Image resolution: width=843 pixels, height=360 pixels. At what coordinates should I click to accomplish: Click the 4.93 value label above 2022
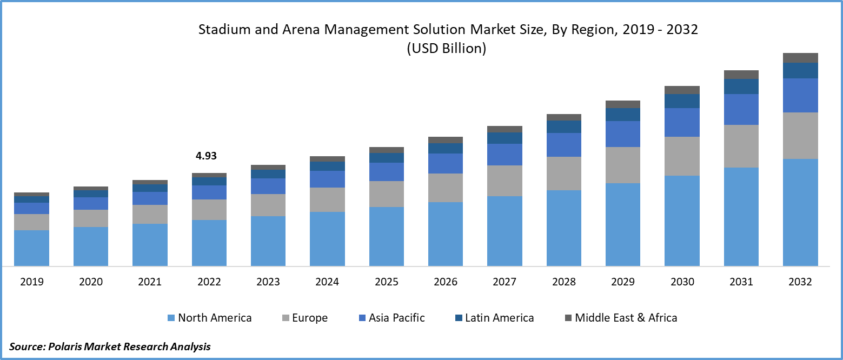(x=206, y=156)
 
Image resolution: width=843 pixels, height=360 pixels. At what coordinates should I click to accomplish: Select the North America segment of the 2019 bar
(x=31, y=248)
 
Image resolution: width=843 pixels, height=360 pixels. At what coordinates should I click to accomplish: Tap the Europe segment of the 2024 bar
(x=327, y=199)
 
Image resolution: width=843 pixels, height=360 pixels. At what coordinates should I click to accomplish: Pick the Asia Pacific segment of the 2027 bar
(x=505, y=154)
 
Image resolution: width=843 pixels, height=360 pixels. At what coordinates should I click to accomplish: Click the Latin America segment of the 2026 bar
(x=446, y=148)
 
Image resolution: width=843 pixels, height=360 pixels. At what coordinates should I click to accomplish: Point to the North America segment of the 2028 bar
(x=564, y=228)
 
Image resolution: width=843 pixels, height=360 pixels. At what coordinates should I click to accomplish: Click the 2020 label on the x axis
(x=90, y=282)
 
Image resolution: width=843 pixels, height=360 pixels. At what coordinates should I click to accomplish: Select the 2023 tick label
(x=268, y=282)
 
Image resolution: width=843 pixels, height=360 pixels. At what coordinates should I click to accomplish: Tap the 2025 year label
(x=387, y=282)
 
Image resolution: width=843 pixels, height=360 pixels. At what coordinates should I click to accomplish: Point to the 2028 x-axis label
(x=564, y=282)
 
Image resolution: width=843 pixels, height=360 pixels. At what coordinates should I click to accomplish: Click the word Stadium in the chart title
(x=219, y=30)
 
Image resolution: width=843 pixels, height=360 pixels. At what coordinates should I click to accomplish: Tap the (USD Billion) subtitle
(x=446, y=49)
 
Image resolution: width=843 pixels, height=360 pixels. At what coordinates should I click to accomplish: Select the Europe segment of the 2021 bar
(x=150, y=214)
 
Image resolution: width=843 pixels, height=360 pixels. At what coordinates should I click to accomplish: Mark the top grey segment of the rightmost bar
(x=800, y=58)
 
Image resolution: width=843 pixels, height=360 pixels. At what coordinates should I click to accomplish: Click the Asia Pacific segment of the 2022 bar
(x=209, y=192)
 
